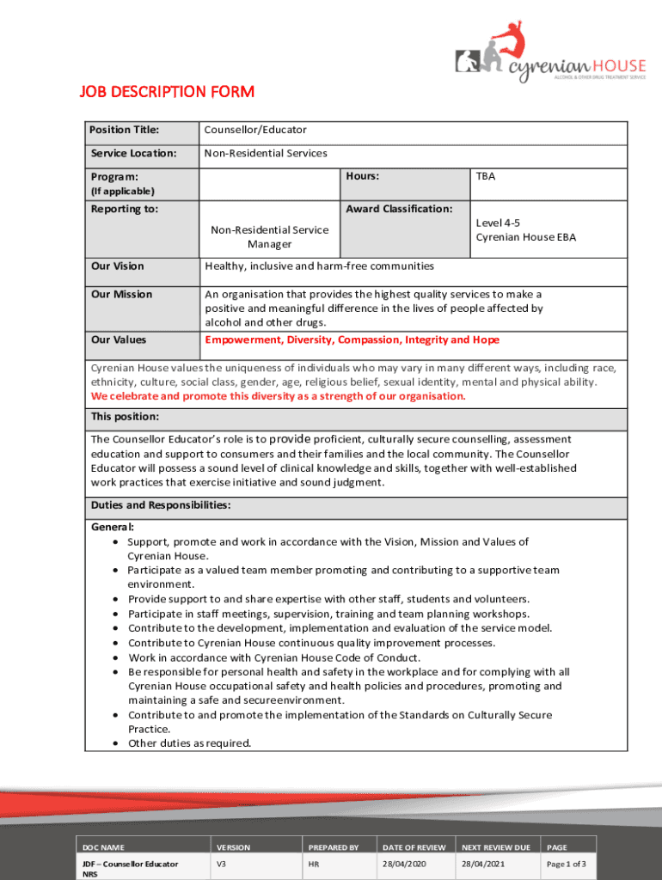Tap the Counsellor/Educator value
(254, 131)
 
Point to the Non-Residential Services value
(266, 154)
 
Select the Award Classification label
(398, 209)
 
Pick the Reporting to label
(125, 209)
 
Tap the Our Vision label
(118, 266)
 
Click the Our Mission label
(121, 295)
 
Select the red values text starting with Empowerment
(352, 340)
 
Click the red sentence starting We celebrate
(279, 396)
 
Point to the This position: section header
(125, 417)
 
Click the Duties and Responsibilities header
(161, 506)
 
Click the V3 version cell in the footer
(221, 863)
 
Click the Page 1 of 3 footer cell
(567, 863)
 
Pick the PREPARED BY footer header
(333, 847)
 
